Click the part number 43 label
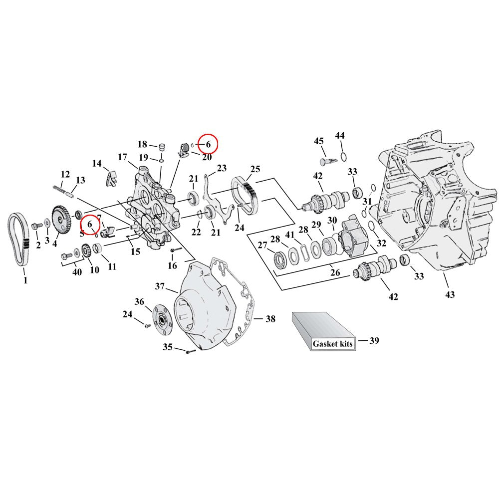450,295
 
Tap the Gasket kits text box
332,344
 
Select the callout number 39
374,341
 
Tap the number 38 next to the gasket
270,319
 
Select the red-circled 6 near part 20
209,144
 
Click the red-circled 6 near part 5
90,225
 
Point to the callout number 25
255,169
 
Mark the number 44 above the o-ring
340,136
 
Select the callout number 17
123,157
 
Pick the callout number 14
96,163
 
